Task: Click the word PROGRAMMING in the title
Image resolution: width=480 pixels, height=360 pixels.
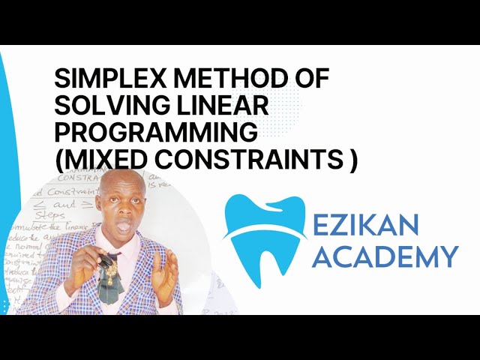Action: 157,130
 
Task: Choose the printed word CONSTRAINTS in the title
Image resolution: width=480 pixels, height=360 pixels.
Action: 239,157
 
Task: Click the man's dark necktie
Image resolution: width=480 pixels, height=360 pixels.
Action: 111,289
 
